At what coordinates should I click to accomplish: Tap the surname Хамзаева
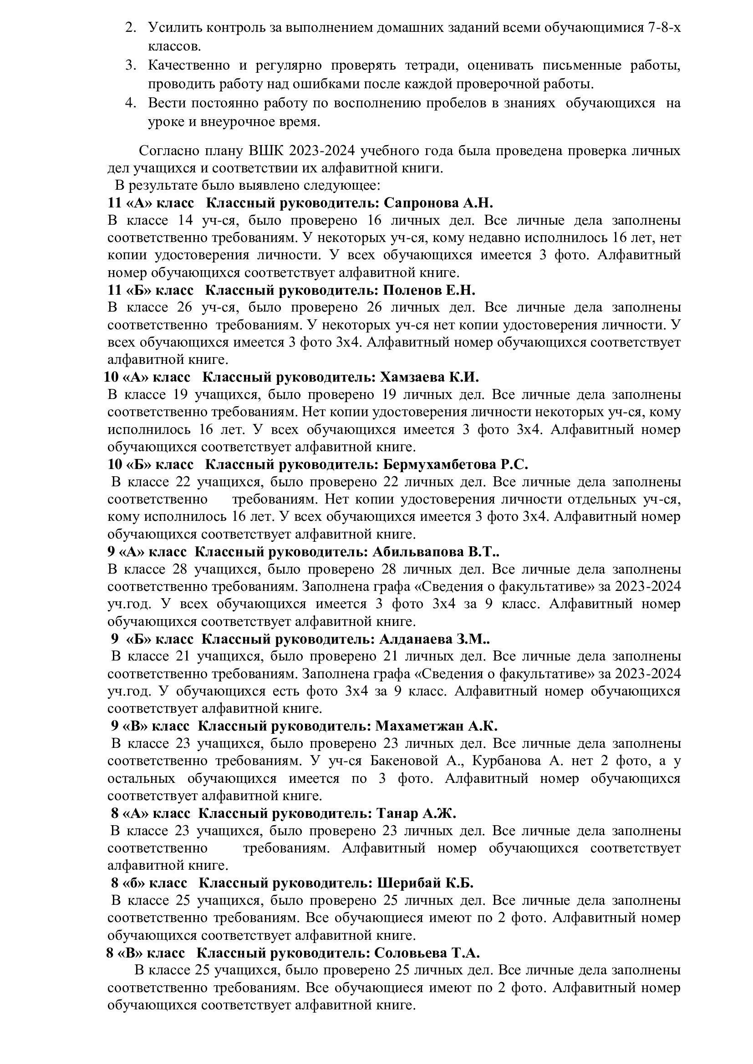point(412,377)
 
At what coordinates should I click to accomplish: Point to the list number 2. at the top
point(131,27)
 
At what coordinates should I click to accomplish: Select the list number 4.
point(131,103)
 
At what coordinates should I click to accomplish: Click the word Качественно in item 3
point(189,66)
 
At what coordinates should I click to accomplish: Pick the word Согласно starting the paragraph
point(169,151)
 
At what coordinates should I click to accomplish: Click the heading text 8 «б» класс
point(149,883)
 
